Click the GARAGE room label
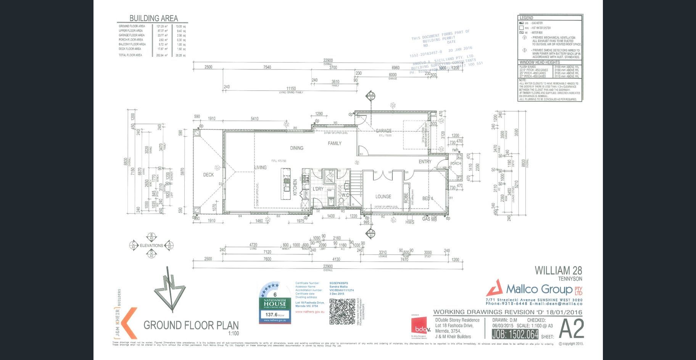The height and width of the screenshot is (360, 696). [x=383, y=131]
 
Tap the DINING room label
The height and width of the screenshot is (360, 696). [x=296, y=148]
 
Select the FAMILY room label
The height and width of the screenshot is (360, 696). [x=335, y=143]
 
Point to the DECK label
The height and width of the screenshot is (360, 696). [x=208, y=175]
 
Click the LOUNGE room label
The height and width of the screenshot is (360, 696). [x=383, y=197]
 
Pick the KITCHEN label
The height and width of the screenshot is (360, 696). [x=295, y=188]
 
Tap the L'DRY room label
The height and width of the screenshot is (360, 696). [x=318, y=189]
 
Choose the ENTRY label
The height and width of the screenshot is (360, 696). [x=425, y=162]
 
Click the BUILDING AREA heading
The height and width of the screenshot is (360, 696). [x=153, y=18]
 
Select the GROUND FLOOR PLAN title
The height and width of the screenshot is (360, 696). [x=191, y=325]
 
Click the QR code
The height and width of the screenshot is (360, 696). [x=342, y=312]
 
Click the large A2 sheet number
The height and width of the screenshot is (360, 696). [x=571, y=329]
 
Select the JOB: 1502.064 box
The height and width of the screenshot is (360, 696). [x=515, y=334]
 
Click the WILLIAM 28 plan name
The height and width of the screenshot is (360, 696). [x=558, y=271]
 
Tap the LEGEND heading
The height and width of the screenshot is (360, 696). [x=526, y=18]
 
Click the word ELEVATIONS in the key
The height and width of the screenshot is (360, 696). [x=151, y=246]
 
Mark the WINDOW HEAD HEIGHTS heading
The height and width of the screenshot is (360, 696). [x=540, y=62]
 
